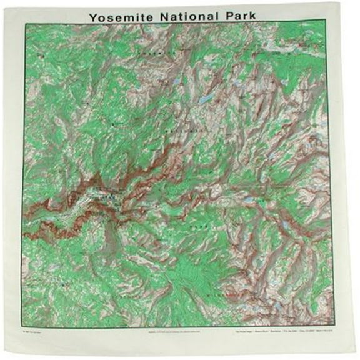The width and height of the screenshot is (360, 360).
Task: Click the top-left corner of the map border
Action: tap(25, 24)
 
